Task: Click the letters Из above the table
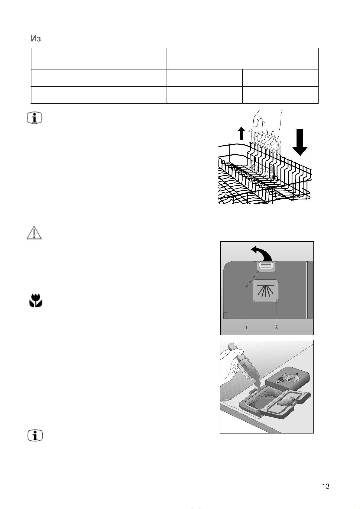36,39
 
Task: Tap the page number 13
326,486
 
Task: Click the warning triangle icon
34,233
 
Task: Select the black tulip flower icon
36,301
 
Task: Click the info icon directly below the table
35,118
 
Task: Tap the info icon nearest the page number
35,436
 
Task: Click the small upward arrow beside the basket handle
241,133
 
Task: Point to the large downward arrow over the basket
300,142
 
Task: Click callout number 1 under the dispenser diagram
246,327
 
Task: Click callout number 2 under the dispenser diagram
276,327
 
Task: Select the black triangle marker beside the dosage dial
297,374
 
